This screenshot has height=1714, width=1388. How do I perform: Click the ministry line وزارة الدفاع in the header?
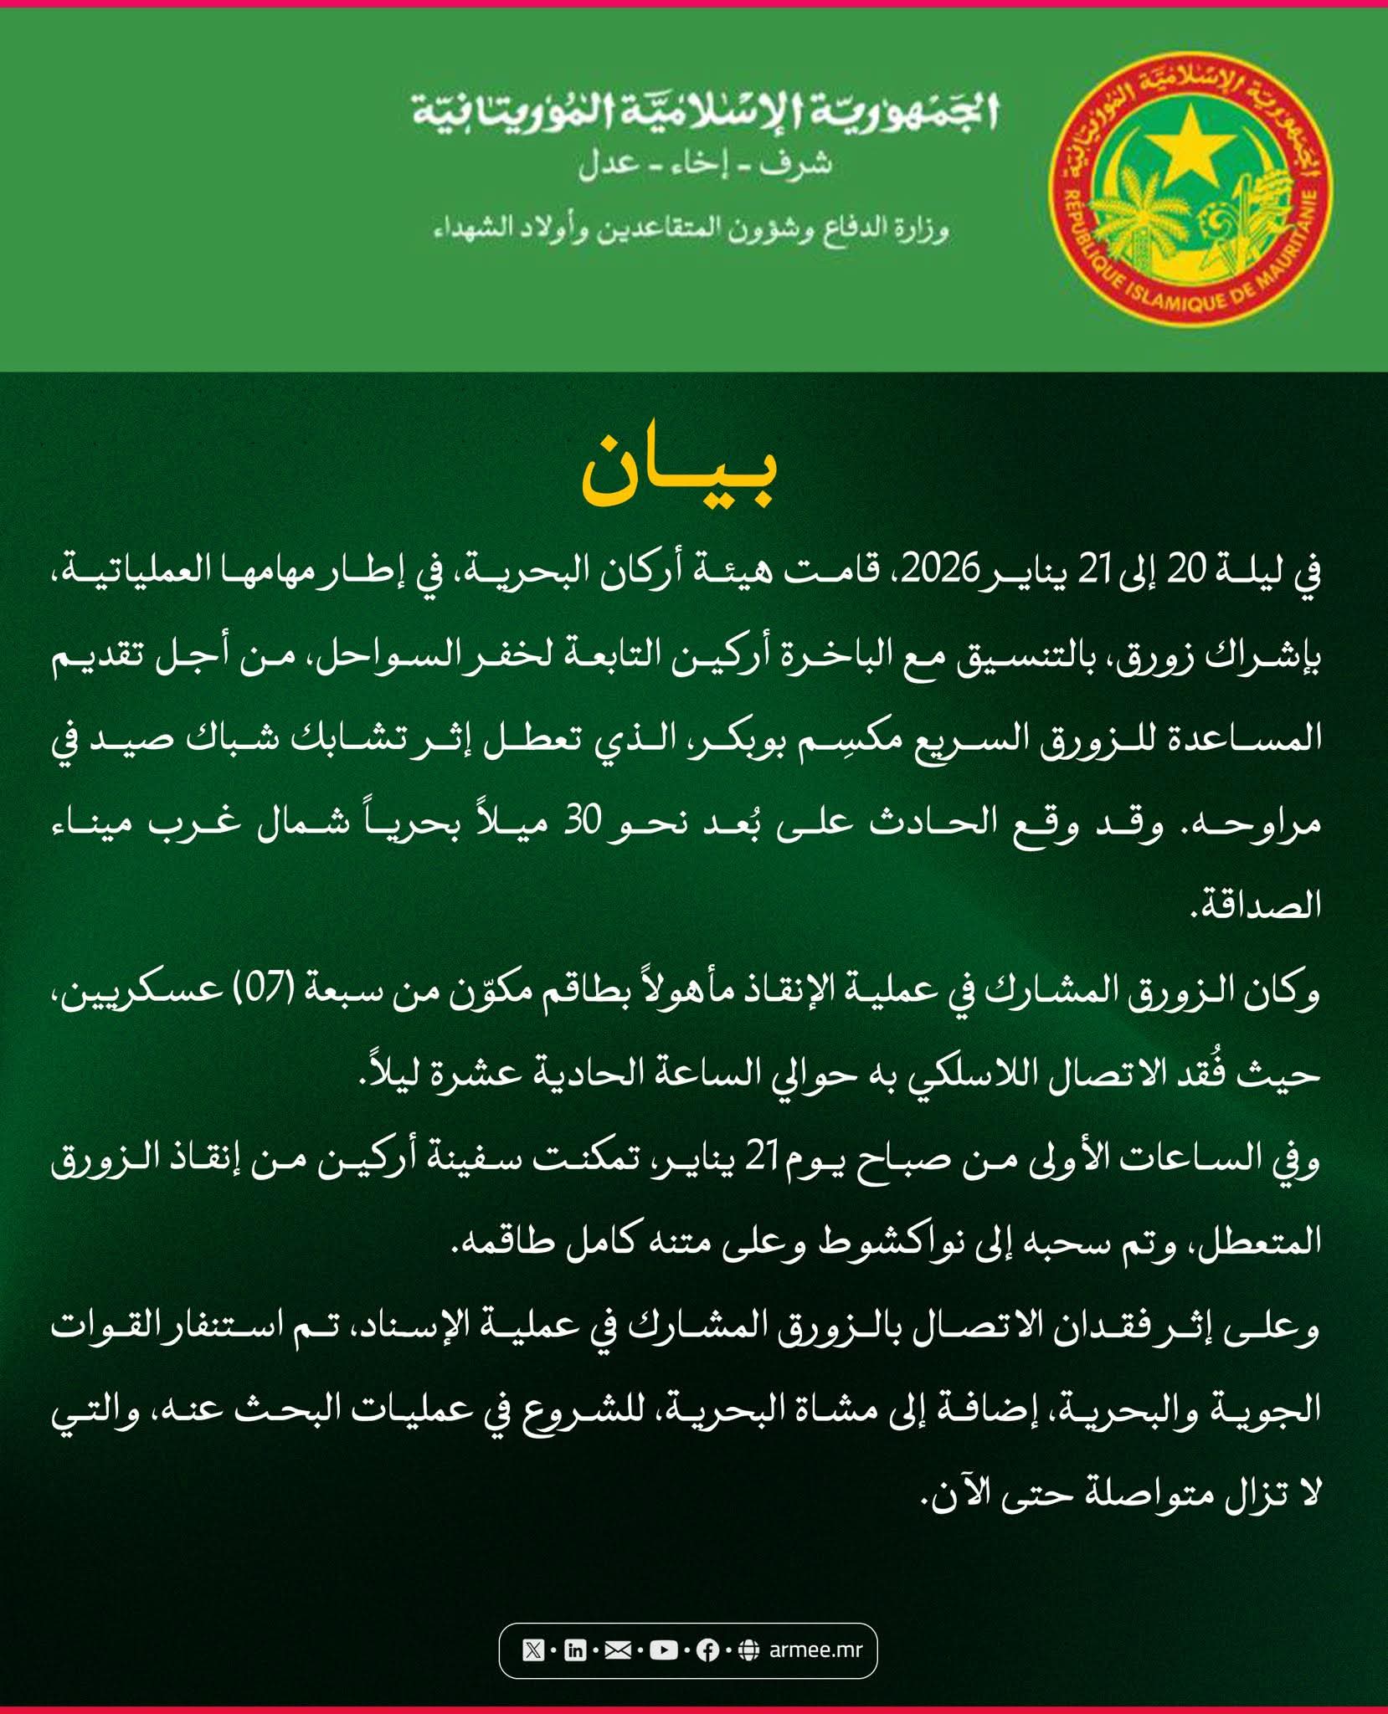tap(691, 228)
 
